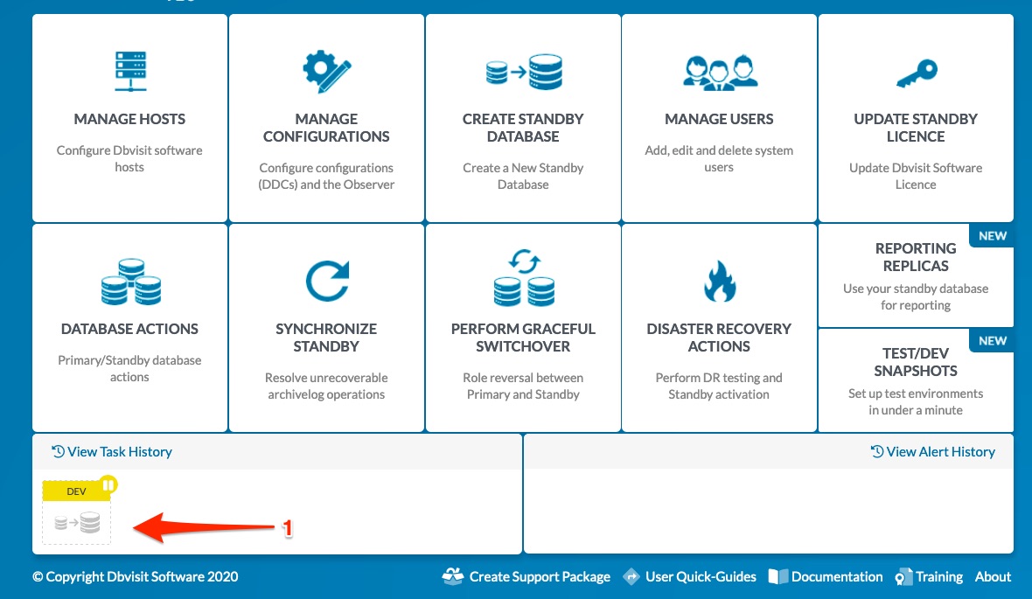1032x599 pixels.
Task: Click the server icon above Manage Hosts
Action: [130, 71]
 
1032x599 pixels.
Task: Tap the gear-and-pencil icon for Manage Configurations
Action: [326, 71]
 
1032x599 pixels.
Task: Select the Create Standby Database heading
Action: [523, 128]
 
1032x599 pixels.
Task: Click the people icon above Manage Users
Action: [720, 73]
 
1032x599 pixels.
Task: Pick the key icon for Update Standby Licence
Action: [917, 73]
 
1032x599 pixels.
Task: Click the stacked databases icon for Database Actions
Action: [130, 282]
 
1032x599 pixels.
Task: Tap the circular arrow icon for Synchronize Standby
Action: [327, 281]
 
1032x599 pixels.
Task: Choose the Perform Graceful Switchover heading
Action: [523, 338]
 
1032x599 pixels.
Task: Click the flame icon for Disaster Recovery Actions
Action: [720, 281]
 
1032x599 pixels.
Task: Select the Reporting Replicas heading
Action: [916, 257]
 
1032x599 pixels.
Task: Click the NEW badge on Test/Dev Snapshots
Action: [993, 341]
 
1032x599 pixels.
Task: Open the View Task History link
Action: [112, 451]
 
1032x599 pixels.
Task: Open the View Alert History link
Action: [932, 451]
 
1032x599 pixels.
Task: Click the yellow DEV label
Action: [76, 491]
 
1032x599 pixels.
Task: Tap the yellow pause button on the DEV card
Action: [108, 485]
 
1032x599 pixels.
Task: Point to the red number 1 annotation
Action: [287, 528]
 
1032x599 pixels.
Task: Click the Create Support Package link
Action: [526, 576]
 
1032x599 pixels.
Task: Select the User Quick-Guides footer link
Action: [689, 576]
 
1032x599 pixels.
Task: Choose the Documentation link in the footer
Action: [826, 576]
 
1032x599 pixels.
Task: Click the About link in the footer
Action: [993, 576]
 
